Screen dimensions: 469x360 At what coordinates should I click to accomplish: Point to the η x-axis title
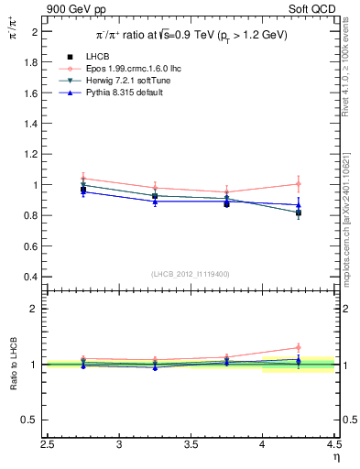(x=335, y=457)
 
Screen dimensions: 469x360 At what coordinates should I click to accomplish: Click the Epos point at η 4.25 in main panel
(x=299, y=184)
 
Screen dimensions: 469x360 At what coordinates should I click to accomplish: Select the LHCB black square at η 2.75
(x=83, y=190)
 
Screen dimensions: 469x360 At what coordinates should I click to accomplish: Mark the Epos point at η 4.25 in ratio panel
(x=299, y=347)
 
